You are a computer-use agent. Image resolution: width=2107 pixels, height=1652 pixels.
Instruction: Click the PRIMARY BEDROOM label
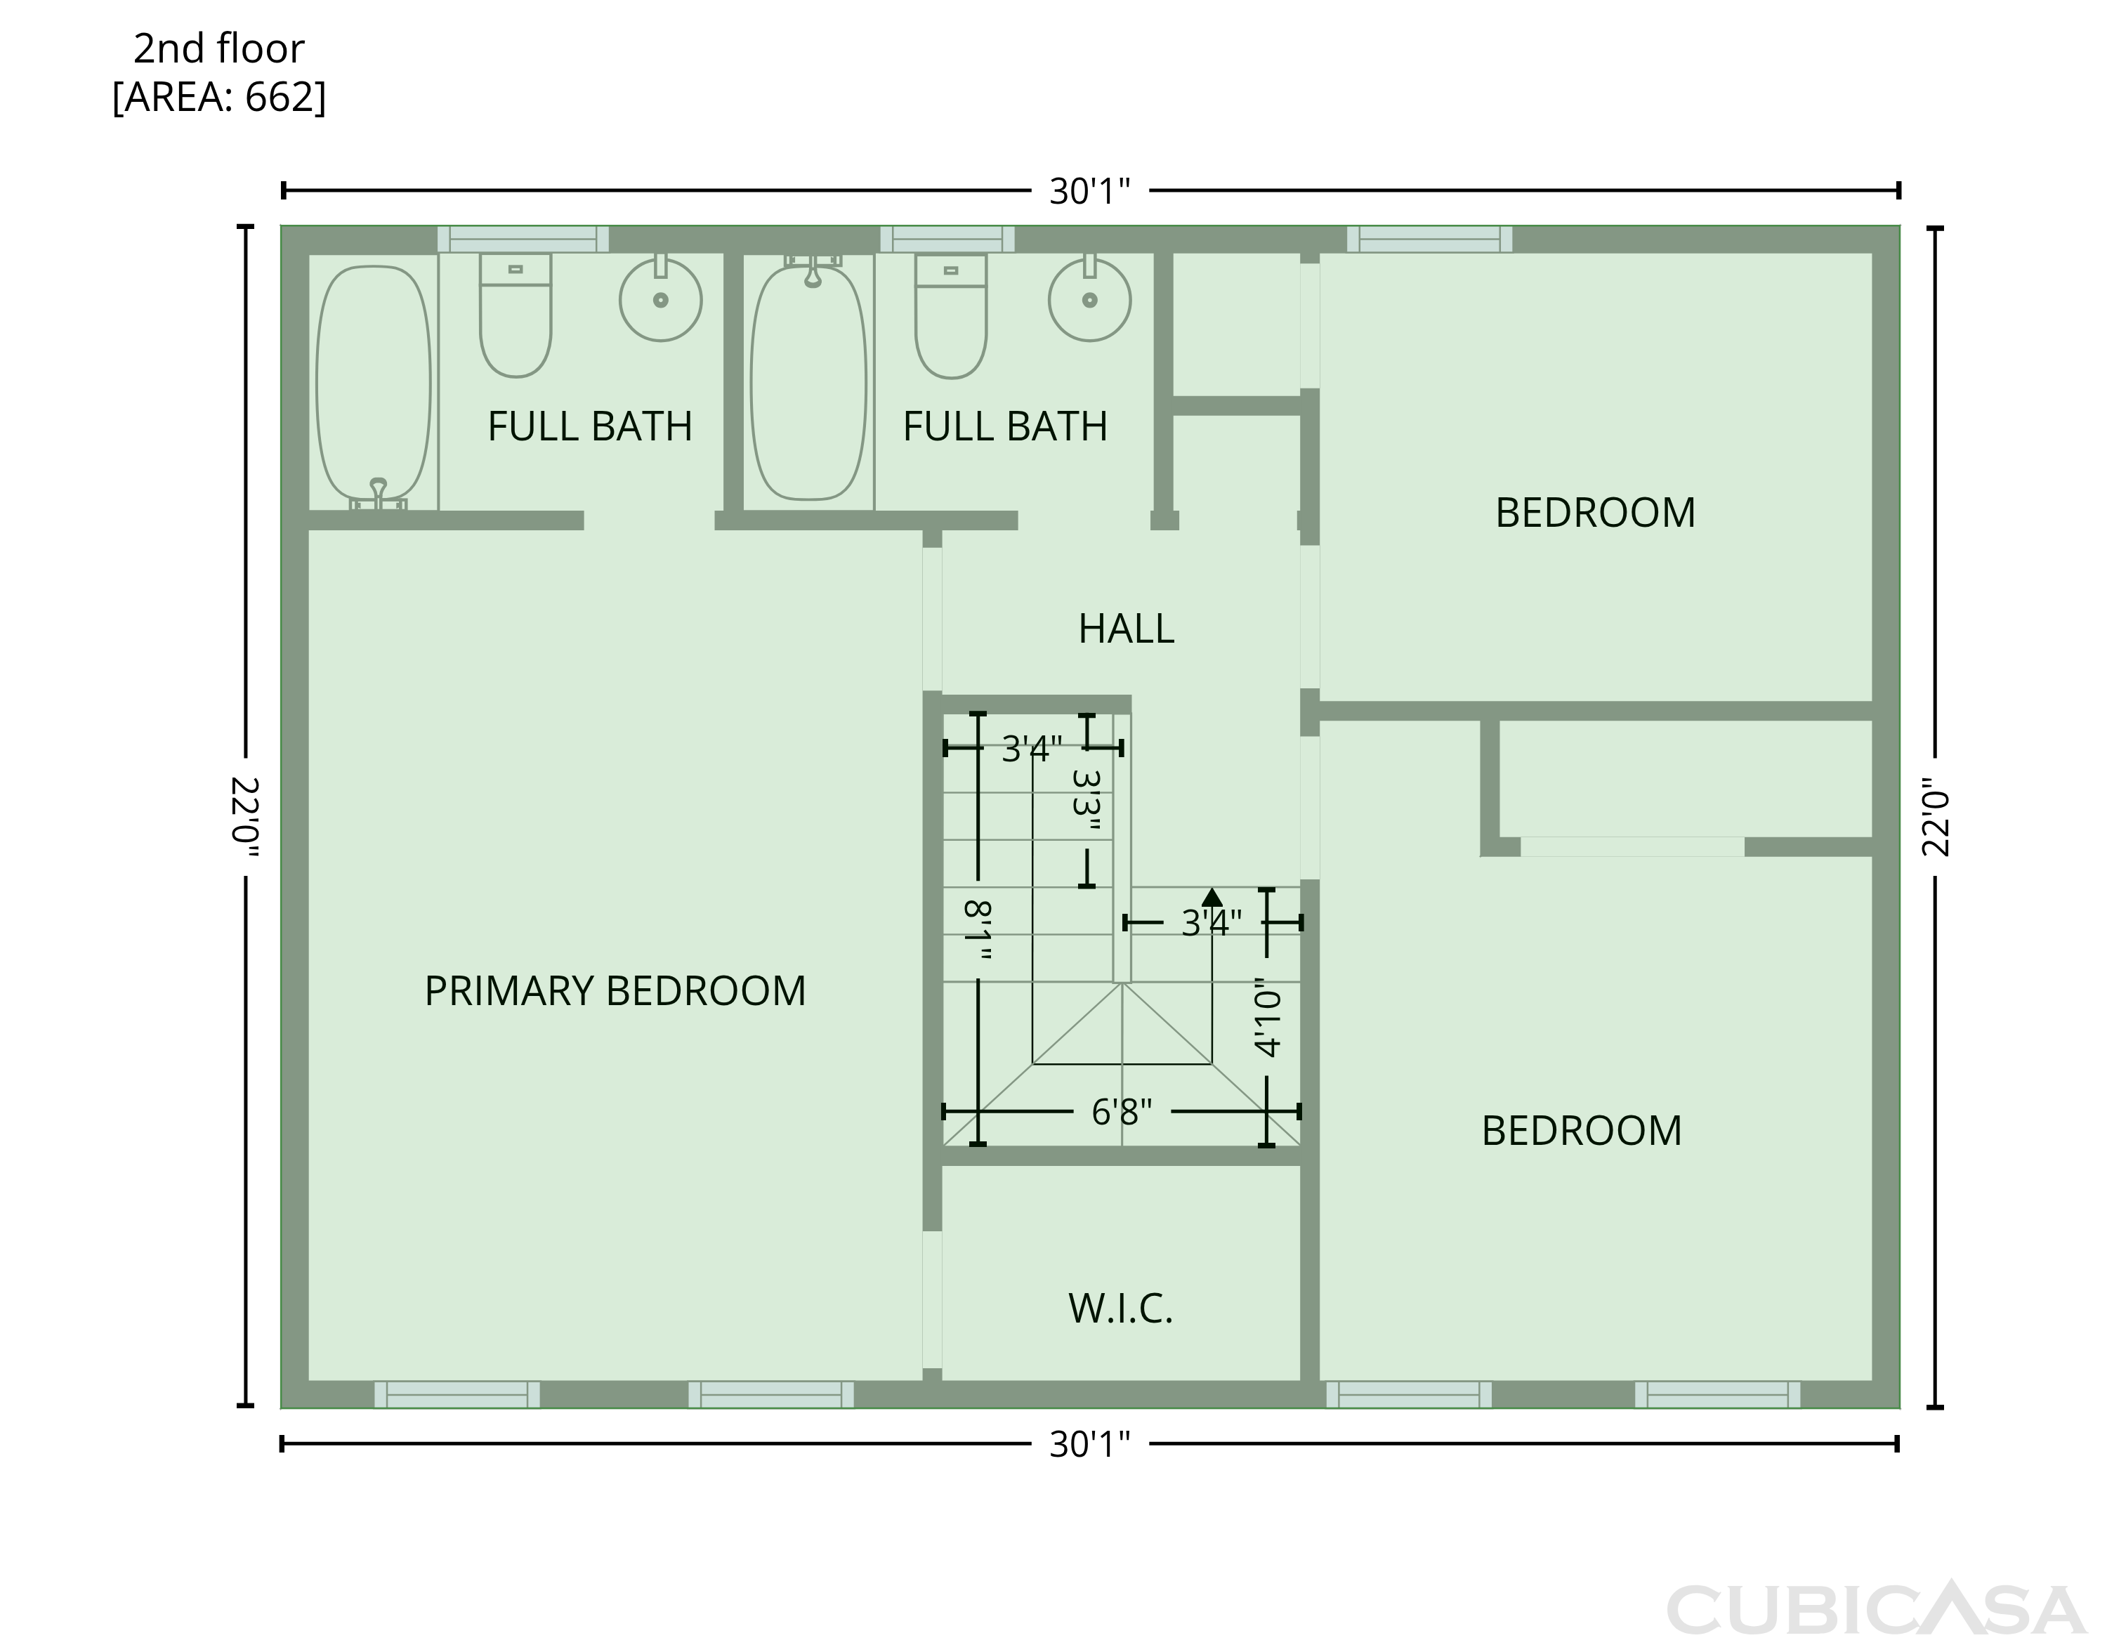tap(615, 991)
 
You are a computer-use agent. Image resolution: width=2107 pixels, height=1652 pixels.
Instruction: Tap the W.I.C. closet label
tap(1121, 1309)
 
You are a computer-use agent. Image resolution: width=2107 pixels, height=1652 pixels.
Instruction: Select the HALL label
tap(1127, 629)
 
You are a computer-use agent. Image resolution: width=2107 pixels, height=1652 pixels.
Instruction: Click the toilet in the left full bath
tap(516, 315)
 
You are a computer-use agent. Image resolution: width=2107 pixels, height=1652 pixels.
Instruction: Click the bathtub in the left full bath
tap(373, 387)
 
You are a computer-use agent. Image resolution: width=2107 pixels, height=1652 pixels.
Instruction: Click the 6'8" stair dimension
tap(1122, 1113)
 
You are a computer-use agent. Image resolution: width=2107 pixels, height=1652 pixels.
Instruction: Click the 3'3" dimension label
tap(1087, 800)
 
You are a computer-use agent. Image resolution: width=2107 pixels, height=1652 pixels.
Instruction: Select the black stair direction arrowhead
tap(1212, 897)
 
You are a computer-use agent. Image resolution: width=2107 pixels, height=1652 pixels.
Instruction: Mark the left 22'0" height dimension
tap(246, 818)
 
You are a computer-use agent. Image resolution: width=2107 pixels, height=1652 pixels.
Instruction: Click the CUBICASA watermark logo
tap(1876, 1608)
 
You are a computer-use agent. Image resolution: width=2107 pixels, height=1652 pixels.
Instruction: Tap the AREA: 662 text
tap(220, 98)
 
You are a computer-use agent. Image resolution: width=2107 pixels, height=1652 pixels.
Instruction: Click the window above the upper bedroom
tap(1429, 239)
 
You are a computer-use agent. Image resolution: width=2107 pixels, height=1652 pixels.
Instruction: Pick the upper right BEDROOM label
tap(1596, 513)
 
